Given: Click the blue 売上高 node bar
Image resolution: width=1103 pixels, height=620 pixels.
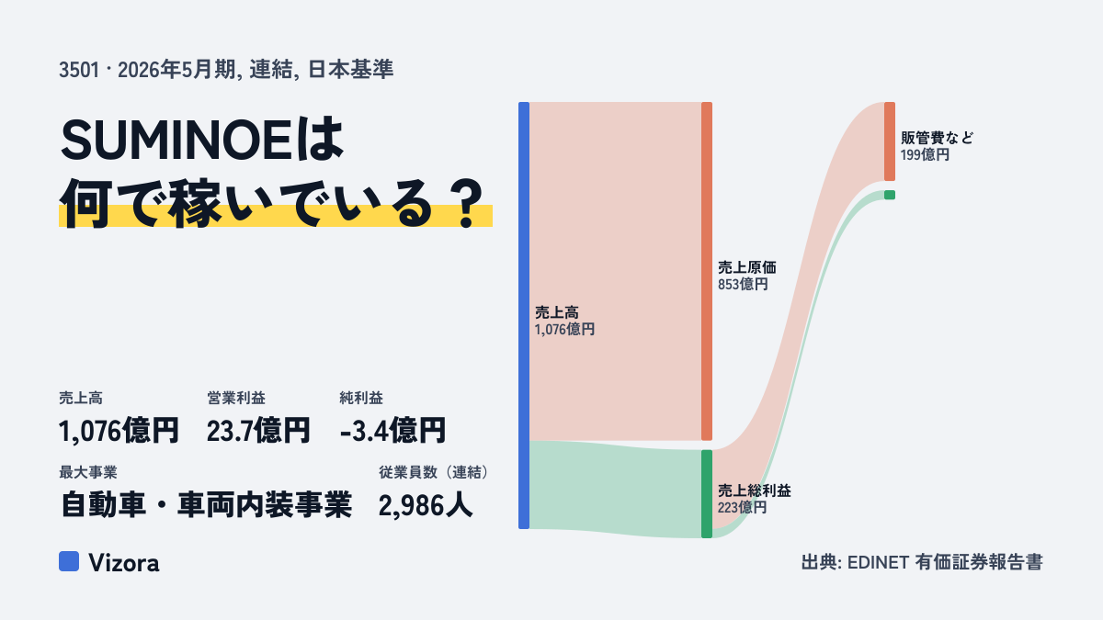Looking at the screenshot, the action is coord(524,315).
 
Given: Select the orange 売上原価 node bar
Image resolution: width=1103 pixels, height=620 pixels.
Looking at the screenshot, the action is coord(707,271).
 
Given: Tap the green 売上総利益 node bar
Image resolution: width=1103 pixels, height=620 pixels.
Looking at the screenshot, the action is coord(707,494).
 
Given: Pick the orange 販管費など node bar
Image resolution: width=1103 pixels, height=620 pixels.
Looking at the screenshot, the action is coord(890,141).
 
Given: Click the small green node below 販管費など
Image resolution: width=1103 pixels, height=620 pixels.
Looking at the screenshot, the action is coord(890,195).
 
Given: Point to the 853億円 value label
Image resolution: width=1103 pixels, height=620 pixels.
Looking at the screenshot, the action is coord(743,285).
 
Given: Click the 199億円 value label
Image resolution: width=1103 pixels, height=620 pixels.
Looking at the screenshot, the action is coord(925,155).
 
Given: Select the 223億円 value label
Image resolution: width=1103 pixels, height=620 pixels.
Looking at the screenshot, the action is coord(742,507).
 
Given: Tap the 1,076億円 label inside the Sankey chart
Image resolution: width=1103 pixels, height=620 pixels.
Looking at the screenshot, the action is coord(564,329).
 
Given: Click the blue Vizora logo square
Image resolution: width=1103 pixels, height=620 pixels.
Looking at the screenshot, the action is coord(69,561).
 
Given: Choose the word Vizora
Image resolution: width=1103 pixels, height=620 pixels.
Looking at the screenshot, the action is coord(123,562).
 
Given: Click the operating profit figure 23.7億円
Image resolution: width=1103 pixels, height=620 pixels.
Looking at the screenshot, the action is coord(258,431).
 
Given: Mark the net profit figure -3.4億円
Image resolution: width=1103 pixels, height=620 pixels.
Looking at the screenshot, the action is coord(392,431).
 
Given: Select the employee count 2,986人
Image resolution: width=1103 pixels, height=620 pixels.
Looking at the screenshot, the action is coord(426,505).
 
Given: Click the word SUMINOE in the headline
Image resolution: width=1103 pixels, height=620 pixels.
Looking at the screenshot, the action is coord(176,140).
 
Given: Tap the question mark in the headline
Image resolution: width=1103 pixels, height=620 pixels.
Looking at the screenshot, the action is coord(466,204).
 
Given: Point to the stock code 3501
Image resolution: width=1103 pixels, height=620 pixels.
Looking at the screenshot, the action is coord(79,70).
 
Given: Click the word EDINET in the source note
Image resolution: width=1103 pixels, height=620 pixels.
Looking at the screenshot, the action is coord(878,562).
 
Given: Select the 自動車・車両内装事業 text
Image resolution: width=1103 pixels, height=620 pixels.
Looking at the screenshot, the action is coord(206,505).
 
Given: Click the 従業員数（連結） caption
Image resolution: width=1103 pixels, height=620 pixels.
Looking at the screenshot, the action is coord(434,472).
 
